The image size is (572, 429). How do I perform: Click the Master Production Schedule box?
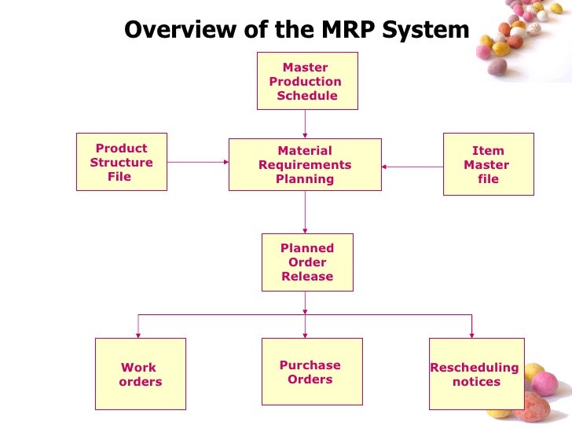[x=306, y=81]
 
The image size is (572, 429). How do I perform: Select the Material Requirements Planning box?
[x=305, y=164]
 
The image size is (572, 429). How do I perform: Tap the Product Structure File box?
[x=121, y=162]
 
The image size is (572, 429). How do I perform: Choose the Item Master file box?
[x=488, y=164]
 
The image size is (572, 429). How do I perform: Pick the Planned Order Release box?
[x=307, y=262]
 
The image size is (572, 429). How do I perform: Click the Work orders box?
[x=140, y=374]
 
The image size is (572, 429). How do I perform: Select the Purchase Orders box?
[x=311, y=372]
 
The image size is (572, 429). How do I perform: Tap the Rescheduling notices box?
[x=475, y=374]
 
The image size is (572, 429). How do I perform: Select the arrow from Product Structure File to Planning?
[x=197, y=163]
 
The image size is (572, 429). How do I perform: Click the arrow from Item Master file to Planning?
[x=412, y=166]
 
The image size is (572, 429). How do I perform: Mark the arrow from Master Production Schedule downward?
[x=306, y=123]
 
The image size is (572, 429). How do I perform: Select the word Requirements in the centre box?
[x=305, y=165]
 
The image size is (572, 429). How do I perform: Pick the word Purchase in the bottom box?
[x=310, y=365]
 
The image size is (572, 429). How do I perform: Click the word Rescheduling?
[x=475, y=368]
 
